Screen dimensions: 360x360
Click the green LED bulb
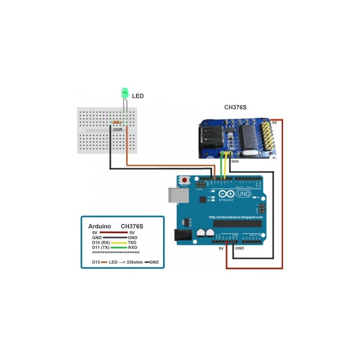[x=125, y=93]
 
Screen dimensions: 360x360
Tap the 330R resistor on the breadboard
[x=118, y=122]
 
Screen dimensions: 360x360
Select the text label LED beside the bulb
[x=138, y=96]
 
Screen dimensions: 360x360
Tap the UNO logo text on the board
[x=244, y=194]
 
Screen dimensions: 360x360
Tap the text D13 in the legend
[x=95, y=261]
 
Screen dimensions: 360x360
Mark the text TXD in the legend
[x=132, y=243]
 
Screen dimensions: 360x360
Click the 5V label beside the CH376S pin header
[x=275, y=122]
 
